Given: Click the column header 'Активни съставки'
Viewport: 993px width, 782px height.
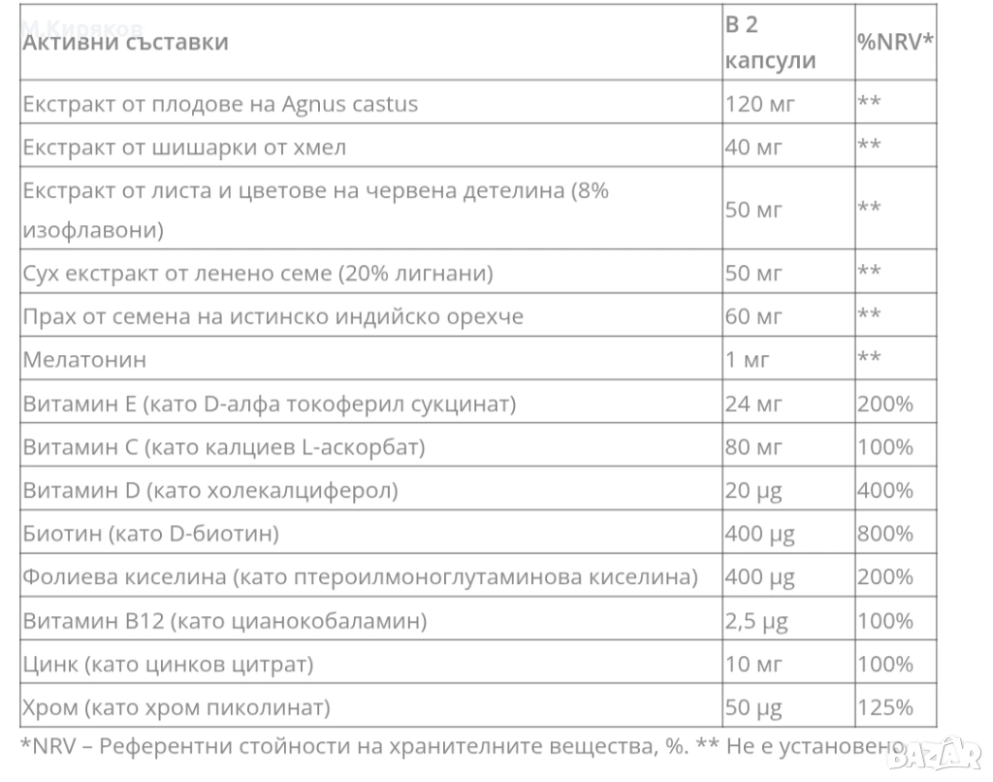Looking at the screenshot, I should [x=125, y=42].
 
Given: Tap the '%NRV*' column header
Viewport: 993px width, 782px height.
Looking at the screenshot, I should [x=895, y=42].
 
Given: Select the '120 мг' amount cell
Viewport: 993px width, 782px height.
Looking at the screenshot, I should [x=758, y=103].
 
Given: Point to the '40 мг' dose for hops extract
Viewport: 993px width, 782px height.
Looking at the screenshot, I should [x=753, y=147].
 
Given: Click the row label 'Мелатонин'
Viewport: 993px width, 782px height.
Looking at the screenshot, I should [x=84, y=359].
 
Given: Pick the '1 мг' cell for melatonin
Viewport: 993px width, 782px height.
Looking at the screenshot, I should [x=747, y=359].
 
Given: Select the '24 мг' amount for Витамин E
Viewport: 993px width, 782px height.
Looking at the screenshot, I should [x=753, y=403].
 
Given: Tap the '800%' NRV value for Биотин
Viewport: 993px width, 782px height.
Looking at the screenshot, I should [x=884, y=533].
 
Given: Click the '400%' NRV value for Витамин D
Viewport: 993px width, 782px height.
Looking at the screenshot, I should [x=884, y=490].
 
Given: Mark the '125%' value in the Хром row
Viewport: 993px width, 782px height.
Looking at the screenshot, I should [x=884, y=706].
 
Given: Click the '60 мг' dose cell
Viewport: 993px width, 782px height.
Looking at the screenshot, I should [x=753, y=315].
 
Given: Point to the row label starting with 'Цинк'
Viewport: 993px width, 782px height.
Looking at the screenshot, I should [x=168, y=664].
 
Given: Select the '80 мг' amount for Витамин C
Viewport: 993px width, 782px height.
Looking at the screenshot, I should [x=753, y=446].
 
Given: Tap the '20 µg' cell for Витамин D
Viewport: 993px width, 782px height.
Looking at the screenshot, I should [x=753, y=490].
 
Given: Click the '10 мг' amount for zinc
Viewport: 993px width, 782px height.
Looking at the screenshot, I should [x=753, y=664].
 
